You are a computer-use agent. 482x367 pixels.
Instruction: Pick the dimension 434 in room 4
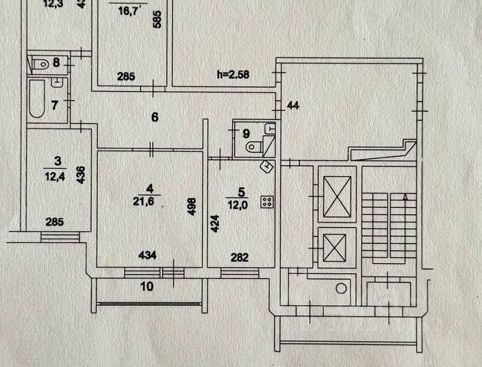tap(151, 255)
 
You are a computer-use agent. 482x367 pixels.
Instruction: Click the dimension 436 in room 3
tap(80, 175)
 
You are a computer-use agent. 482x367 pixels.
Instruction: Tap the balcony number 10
tap(148, 287)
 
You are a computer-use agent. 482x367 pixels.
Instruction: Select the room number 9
tap(246, 134)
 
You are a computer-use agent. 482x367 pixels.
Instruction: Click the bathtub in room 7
tap(37, 99)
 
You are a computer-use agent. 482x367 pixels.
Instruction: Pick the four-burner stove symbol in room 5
tap(269, 202)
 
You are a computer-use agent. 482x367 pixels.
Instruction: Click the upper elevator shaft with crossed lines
tap(337, 196)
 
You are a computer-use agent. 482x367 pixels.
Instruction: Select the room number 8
tap(57, 62)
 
